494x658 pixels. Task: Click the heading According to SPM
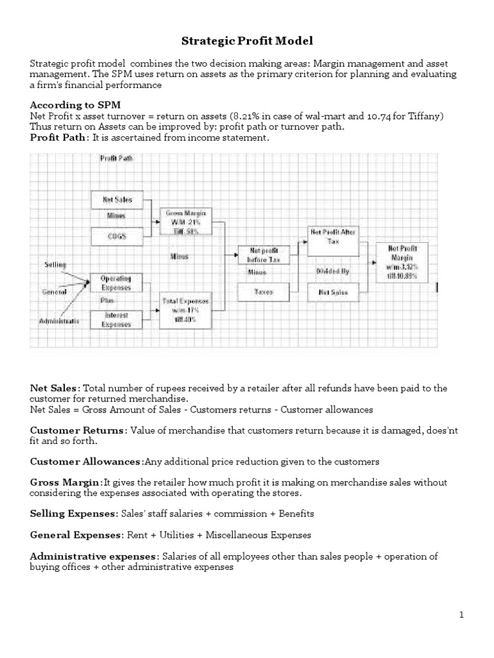tap(75, 104)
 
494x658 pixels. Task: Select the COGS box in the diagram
tap(116, 236)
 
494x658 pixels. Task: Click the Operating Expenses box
tap(116, 283)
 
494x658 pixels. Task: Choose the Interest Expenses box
tap(116, 319)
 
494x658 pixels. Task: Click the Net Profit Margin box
tap(401, 262)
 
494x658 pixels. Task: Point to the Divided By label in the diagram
tap(333, 272)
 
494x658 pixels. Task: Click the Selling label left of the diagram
tap(55, 265)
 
